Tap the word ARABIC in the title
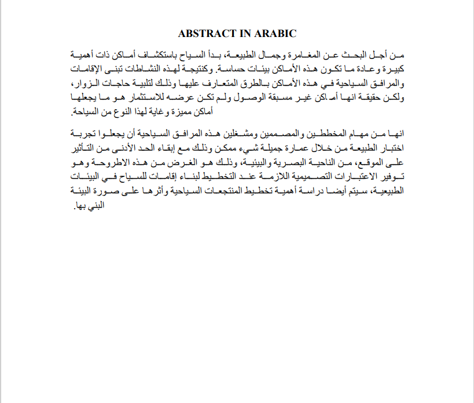(x=276, y=34)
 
